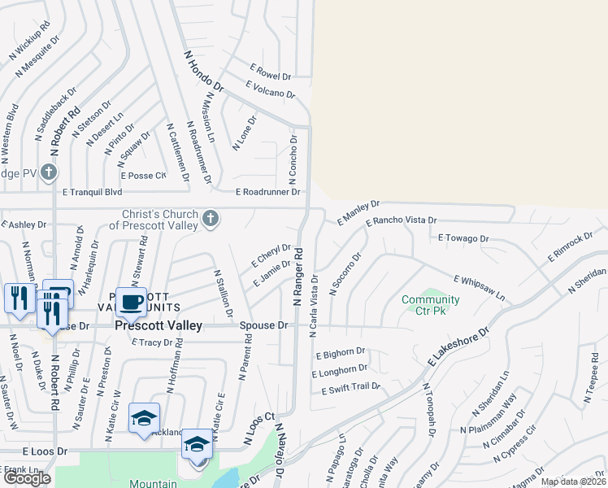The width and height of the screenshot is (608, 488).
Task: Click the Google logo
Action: click(27, 478)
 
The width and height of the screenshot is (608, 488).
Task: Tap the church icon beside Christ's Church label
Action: click(211, 218)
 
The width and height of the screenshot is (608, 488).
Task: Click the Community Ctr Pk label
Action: click(430, 305)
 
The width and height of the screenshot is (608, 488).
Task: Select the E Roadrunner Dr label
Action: click(268, 193)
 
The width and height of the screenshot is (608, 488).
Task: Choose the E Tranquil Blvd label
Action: click(92, 193)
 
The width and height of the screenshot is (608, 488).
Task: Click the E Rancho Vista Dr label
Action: click(401, 220)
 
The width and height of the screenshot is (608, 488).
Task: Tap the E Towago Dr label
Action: click(463, 238)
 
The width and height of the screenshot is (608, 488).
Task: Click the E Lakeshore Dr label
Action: click(458, 346)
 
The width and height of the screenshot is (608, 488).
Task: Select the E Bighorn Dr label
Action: click(340, 352)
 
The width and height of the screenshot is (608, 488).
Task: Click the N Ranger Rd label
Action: click(297, 277)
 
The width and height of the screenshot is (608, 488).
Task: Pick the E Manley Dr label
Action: click(358, 212)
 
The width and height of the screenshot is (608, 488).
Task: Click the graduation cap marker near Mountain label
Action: click(196, 445)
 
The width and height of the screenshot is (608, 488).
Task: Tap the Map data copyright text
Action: click(572, 481)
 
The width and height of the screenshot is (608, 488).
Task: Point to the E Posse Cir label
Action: click(143, 175)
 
